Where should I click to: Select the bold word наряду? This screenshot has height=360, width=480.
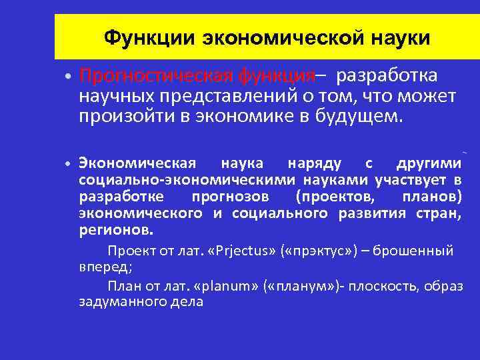click(x=315, y=163)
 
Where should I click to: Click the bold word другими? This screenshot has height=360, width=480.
click(x=429, y=163)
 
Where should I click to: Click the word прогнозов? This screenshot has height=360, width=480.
click(x=231, y=197)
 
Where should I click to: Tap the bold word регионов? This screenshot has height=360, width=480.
click(x=116, y=231)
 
